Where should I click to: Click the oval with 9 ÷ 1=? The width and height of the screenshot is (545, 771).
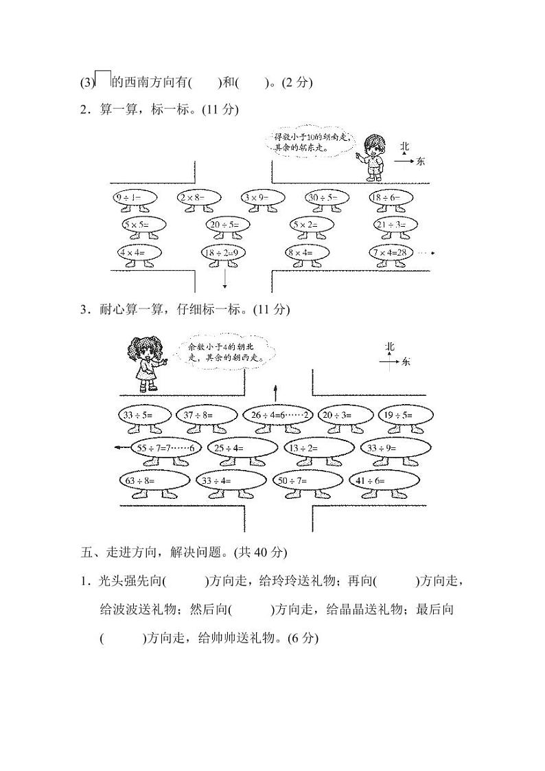(x=135, y=198)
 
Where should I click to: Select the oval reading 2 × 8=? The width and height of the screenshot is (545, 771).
(x=199, y=198)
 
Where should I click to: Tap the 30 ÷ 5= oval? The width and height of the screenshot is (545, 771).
(x=328, y=198)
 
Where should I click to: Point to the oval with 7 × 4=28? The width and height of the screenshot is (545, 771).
(x=392, y=253)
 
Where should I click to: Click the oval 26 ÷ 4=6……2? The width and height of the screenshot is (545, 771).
(x=278, y=415)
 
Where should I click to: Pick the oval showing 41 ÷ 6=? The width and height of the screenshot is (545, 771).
(x=377, y=480)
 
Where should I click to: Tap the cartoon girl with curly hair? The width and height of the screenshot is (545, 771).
(x=143, y=363)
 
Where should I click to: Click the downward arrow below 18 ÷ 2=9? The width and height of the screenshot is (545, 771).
(x=225, y=276)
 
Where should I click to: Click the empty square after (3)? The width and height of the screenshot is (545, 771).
(x=102, y=80)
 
